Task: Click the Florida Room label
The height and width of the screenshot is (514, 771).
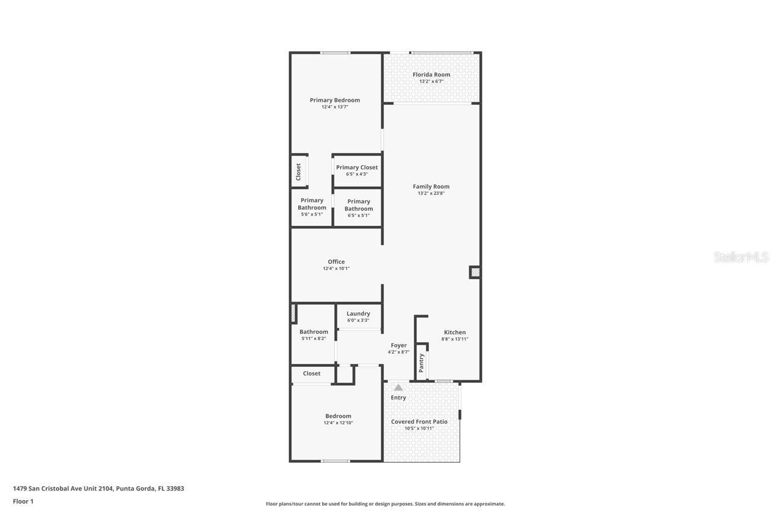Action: pyautogui.click(x=431, y=75)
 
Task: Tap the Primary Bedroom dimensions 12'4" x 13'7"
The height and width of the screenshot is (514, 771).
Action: pyautogui.click(x=335, y=107)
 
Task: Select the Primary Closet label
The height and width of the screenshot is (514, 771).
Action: pyautogui.click(x=357, y=168)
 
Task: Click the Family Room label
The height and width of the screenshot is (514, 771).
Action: pyautogui.click(x=431, y=186)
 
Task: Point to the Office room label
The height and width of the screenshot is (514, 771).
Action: pyautogui.click(x=336, y=262)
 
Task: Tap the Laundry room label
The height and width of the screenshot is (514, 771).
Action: pyautogui.click(x=358, y=313)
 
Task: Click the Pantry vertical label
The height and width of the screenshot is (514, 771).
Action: pyautogui.click(x=422, y=362)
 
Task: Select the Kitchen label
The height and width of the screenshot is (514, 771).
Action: pyautogui.click(x=455, y=332)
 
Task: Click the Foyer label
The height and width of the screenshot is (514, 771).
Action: pyautogui.click(x=399, y=345)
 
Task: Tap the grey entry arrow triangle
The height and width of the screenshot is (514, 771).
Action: pyautogui.click(x=398, y=387)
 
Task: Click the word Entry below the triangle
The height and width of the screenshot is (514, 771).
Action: pyautogui.click(x=398, y=398)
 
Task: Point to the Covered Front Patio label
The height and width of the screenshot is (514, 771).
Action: pyautogui.click(x=419, y=422)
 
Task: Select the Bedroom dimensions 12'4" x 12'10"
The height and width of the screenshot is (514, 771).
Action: pyautogui.click(x=338, y=423)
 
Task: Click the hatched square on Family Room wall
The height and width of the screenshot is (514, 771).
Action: pyautogui.click(x=475, y=272)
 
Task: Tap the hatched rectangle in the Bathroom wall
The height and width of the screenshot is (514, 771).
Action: pyautogui.click(x=293, y=313)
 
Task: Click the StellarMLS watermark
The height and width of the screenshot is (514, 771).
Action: pyautogui.click(x=741, y=257)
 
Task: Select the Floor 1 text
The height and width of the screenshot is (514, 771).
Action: pyautogui.click(x=23, y=501)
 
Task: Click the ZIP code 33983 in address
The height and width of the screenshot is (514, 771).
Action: pyautogui.click(x=175, y=489)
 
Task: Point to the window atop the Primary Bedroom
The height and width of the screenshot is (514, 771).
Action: pyautogui.click(x=335, y=53)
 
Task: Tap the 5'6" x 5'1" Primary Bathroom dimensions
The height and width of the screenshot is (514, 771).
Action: pyautogui.click(x=312, y=215)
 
